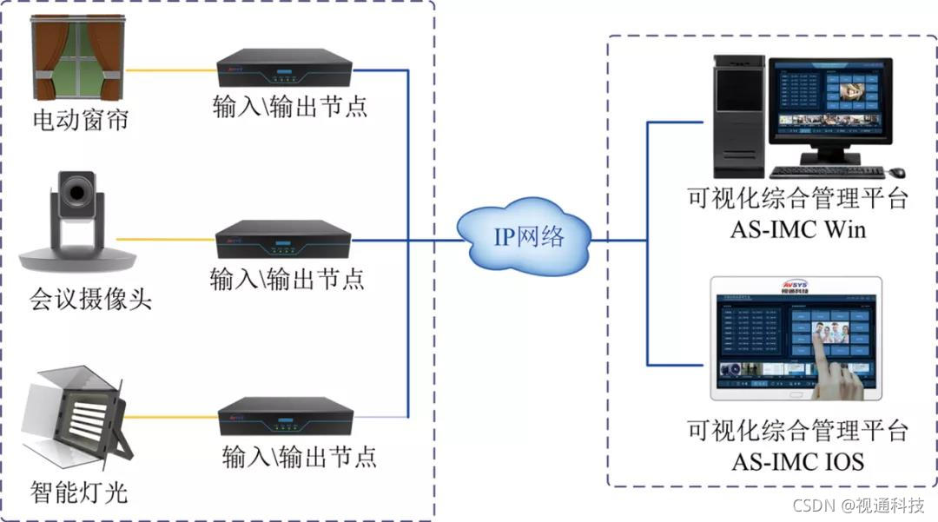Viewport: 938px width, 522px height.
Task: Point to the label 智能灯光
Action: pos(79,492)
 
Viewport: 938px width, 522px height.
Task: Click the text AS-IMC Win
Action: pos(797,231)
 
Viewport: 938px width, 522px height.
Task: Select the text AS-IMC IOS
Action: pos(797,460)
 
